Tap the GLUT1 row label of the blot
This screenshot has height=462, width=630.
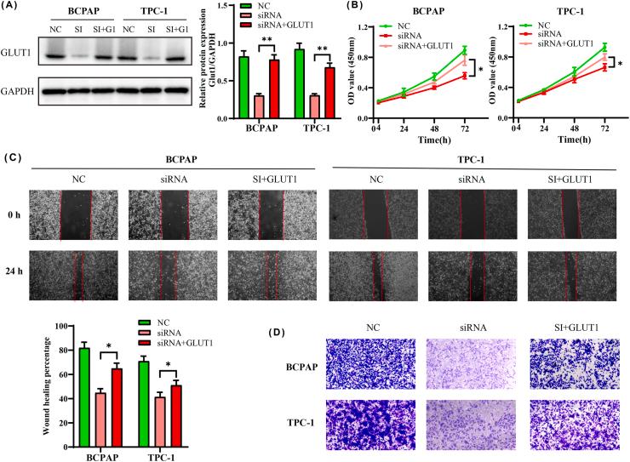16,57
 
